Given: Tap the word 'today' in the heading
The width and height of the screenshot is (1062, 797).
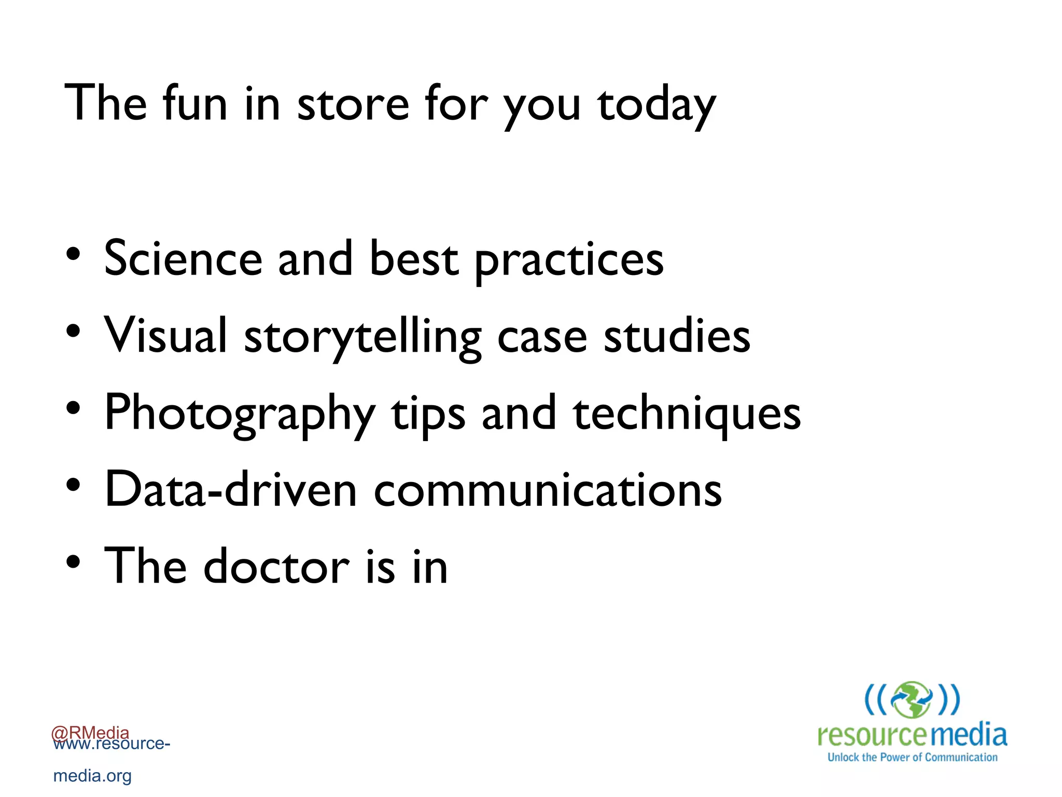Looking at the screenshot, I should point(656,106).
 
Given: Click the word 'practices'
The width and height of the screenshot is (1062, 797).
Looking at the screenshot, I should point(569,260).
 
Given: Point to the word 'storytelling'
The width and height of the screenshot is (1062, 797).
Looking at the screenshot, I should point(362,337).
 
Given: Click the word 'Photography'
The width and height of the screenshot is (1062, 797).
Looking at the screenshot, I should point(240,414).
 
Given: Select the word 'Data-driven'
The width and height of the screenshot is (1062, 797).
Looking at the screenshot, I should point(231,490).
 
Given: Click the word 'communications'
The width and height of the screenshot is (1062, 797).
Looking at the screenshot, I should point(548,490).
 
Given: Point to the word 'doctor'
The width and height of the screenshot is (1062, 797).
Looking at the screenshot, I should point(276,567).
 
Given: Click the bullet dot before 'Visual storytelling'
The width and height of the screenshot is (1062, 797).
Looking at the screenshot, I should point(73,331).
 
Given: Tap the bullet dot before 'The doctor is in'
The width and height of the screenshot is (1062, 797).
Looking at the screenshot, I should point(73,561).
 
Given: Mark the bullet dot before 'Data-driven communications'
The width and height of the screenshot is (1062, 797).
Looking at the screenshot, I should point(73,485).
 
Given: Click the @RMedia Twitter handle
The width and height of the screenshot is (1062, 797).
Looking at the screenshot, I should point(90,732).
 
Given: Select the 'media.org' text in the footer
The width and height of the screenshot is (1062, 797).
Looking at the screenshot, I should point(92,776).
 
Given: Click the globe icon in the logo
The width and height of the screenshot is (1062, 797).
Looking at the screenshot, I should point(912,699).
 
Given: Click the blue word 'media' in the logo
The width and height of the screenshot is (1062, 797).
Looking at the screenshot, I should point(968,735).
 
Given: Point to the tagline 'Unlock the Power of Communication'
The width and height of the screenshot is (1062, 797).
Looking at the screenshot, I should point(912,758).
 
